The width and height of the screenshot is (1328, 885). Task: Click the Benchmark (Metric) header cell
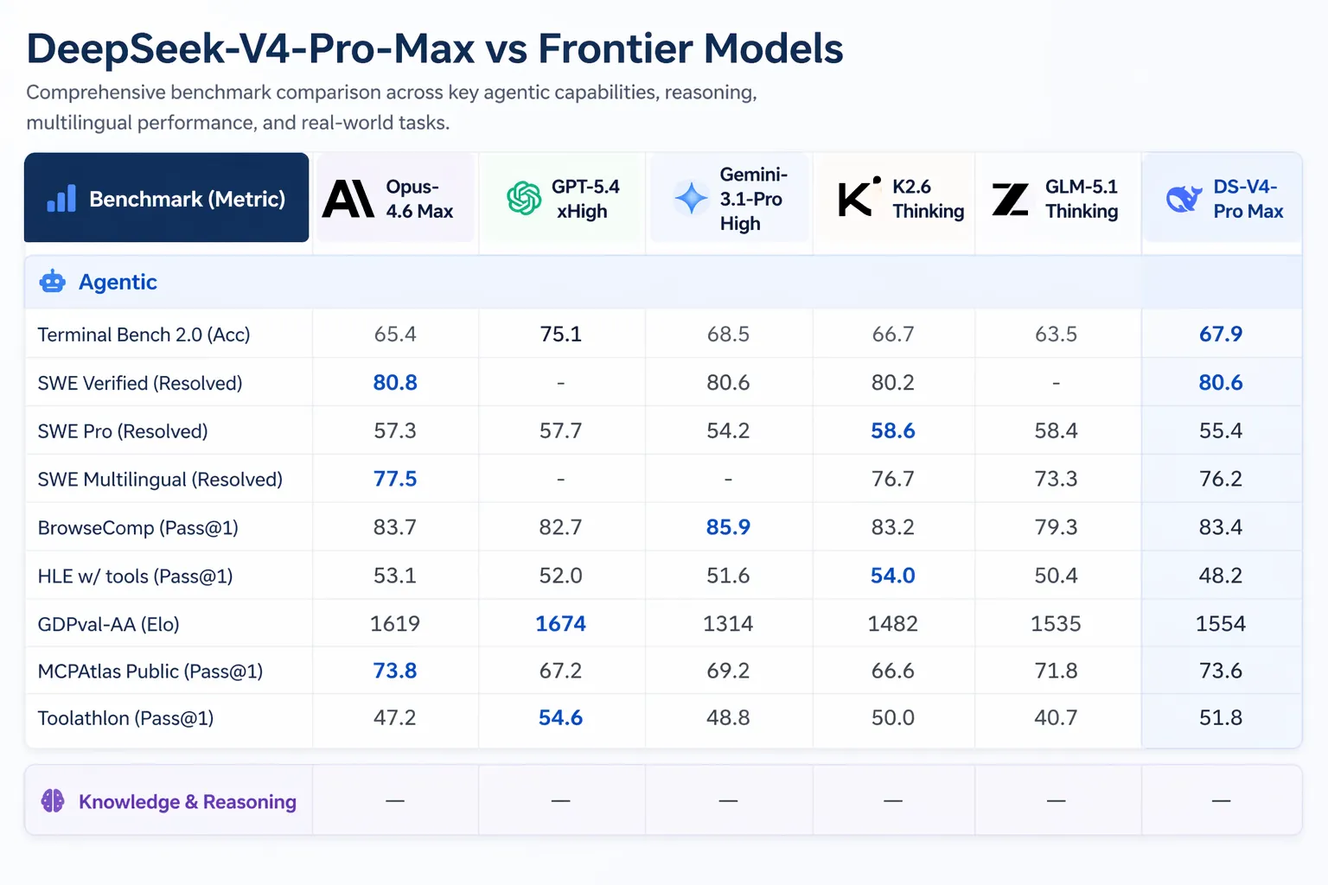(166, 199)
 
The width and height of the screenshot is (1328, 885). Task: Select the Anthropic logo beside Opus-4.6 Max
(348, 199)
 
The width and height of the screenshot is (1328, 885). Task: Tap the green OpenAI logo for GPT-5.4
(523, 199)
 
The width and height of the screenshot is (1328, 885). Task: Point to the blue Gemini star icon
(691, 199)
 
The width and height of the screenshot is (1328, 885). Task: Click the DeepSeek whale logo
(1184, 199)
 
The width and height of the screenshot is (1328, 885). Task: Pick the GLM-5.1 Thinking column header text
(1081, 199)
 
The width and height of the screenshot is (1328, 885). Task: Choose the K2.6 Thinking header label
(927, 199)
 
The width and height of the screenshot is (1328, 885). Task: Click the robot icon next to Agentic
(53, 282)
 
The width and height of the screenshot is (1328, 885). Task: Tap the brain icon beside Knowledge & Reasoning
(53, 801)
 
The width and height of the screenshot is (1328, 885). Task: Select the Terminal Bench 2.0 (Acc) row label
(144, 334)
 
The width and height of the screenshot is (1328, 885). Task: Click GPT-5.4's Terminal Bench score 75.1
(560, 334)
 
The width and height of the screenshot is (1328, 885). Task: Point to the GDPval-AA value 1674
(560, 624)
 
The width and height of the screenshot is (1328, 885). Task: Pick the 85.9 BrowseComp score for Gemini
(728, 527)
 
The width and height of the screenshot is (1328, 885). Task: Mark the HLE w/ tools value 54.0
(892, 576)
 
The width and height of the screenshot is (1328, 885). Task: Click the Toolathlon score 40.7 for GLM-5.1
(1056, 718)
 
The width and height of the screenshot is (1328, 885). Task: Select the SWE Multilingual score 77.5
(395, 479)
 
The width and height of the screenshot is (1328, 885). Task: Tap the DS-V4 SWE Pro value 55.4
(1220, 430)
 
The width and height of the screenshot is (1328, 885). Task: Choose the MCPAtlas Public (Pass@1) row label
(150, 672)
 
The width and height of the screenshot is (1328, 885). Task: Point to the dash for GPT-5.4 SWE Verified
(560, 383)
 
